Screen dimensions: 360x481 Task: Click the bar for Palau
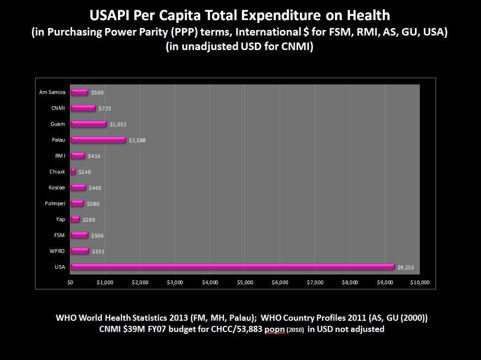point(98,140)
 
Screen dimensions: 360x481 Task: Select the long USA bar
point(233,267)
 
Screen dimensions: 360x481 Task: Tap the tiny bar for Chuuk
point(73,172)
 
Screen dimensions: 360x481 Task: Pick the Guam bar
point(88,124)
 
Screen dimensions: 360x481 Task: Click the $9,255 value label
point(406,268)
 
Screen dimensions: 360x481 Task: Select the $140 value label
point(85,172)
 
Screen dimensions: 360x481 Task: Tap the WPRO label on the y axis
point(57,251)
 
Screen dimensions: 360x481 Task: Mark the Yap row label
point(60,219)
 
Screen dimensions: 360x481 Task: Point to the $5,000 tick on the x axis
point(245,282)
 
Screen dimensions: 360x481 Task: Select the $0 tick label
point(70,282)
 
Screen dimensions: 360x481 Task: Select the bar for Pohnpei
point(77,203)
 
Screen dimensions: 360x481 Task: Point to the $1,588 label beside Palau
point(138,140)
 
